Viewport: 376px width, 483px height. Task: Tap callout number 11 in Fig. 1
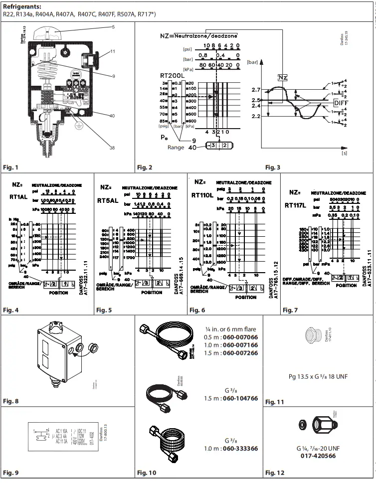[x=113, y=51]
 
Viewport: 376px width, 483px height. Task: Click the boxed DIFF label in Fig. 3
[x=341, y=102]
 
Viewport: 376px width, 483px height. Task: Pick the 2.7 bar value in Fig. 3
[x=256, y=90]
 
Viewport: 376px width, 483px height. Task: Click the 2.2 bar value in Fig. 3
[x=256, y=116]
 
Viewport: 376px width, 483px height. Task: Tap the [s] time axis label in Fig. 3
[x=344, y=155]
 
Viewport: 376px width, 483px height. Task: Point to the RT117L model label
[x=296, y=204]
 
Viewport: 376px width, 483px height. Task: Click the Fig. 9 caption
[x=10, y=472]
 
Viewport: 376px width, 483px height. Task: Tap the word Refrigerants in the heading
[x=20, y=6]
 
